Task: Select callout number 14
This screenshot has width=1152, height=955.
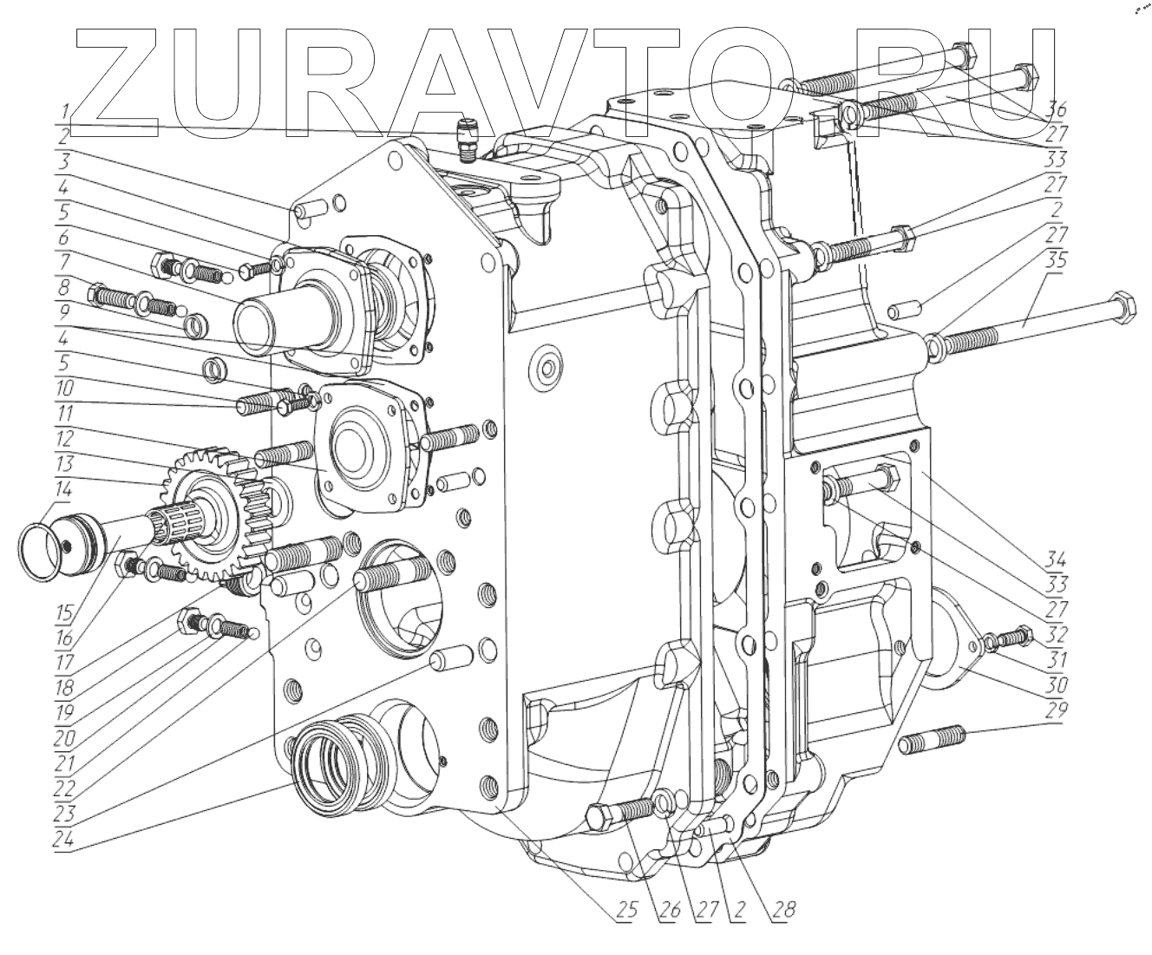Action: click(63, 488)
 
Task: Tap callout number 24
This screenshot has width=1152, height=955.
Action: click(63, 841)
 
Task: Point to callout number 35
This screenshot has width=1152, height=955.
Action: click(1057, 261)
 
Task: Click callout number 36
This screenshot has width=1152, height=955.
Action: click(1057, 110)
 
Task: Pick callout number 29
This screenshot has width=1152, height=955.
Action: click(1057, 711)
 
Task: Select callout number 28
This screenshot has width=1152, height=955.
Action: click(782, 910)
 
